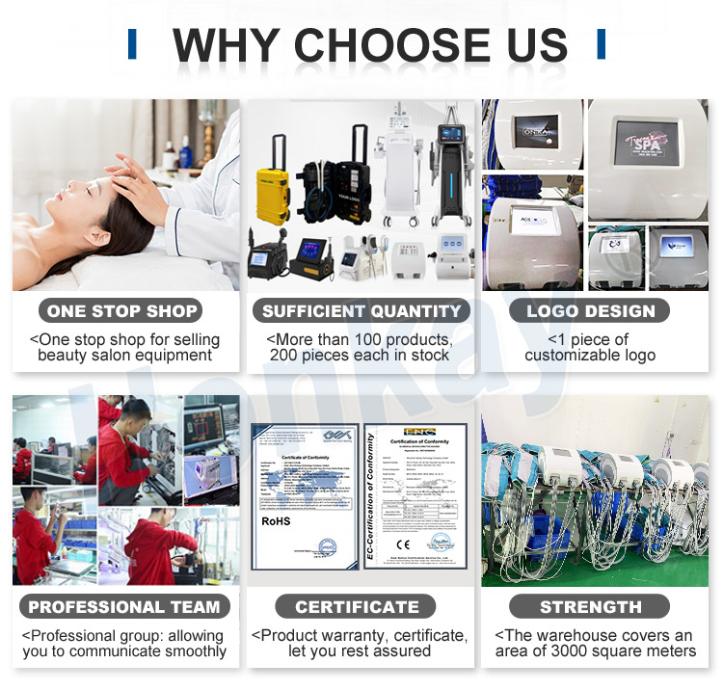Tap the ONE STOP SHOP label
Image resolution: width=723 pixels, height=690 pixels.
click(121, 310)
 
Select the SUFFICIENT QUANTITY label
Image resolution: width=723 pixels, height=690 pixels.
click(361, 310)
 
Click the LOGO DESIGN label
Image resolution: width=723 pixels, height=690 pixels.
click(591, 310)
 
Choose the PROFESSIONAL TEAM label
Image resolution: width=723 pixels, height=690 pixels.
click(124, 607)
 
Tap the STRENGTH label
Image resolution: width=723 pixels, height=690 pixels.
click(591, 607)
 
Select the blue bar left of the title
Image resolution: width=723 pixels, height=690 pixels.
click(132, 43)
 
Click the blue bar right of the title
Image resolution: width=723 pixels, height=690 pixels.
click(601, 43)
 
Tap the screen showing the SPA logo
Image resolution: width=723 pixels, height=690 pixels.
click(647, 147)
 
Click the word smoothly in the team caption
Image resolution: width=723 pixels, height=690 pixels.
click(193, 651)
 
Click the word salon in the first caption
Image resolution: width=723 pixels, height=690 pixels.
click(118, 355)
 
